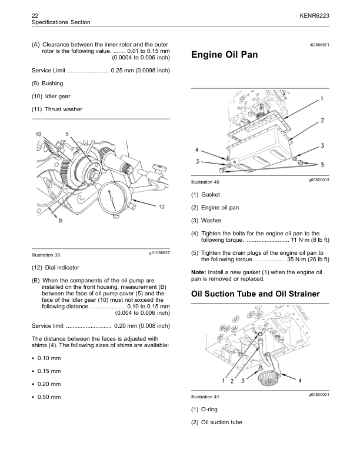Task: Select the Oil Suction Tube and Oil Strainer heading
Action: (x=255, y=294)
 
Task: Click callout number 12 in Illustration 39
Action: (x=162, y=207)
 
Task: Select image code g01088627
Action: (x=156, y=252)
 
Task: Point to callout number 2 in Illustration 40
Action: (x=323, y=120)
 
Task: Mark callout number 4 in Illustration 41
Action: (x=300, y=380)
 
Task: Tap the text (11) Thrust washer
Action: (x=57, y=109)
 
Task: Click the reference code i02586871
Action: (x=316, y=45)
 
